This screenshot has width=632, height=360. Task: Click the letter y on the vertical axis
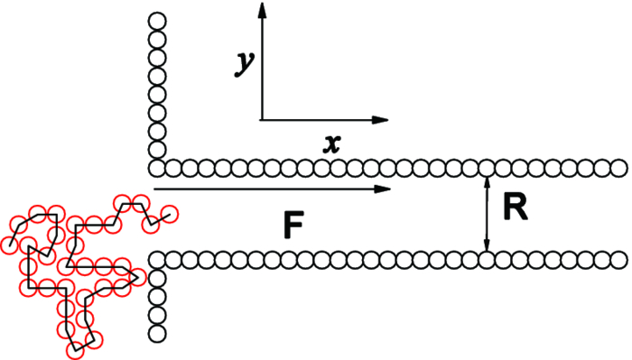(243, 62)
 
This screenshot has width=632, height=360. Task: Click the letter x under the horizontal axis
(332, 142)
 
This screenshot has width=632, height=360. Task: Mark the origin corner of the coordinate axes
(262, 119)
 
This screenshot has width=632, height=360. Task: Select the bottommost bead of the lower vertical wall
(157, 333)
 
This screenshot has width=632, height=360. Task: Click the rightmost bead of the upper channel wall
(619, 168)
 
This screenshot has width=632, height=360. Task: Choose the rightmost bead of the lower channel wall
(619, 260)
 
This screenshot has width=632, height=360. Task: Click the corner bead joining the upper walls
(157, 168)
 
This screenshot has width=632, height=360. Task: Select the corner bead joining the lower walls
(157, 260)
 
